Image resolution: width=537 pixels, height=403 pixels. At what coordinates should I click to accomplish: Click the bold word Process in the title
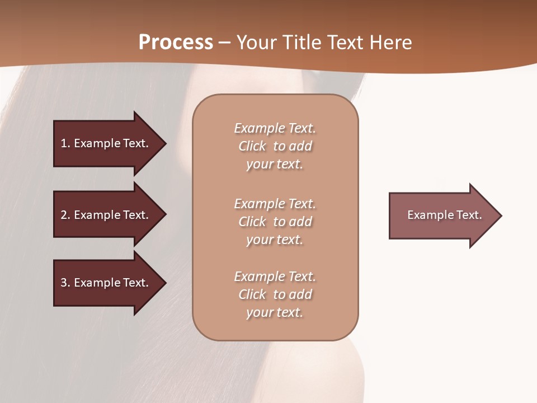176,42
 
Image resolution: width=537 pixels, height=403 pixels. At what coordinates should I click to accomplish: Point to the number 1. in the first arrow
65,143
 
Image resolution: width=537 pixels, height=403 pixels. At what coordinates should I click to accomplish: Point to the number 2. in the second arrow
65,215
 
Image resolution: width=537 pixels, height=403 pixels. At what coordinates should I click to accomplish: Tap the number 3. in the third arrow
65,283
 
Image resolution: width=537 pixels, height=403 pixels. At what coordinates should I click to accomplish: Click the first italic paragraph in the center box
275,146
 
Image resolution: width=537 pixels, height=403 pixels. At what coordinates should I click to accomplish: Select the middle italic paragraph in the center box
275,222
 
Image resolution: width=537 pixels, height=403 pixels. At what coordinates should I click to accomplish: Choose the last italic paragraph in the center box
275,294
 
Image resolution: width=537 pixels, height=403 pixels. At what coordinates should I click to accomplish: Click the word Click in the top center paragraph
252,146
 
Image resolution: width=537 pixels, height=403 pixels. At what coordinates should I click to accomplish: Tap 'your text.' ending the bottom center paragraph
275,312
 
